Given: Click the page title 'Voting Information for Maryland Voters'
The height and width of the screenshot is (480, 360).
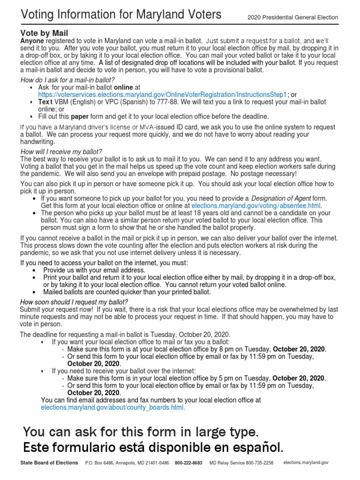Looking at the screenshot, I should (121, 15).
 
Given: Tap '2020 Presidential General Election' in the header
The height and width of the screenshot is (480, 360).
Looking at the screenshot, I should (292, 18).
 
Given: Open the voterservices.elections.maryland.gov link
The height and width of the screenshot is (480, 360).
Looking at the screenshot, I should (162, 94).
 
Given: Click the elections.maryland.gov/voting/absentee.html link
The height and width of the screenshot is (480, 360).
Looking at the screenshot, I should (257, 205).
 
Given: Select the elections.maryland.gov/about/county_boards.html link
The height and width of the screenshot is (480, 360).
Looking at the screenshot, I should (113, 408).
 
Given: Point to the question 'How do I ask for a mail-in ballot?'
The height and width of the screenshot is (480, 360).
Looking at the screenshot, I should (67, 80).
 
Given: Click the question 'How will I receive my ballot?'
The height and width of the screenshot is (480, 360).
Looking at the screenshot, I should (61, 151).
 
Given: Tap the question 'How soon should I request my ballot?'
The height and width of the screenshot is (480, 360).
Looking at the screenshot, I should (74, 301).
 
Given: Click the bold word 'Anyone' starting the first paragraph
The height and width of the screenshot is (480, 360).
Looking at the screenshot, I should (31, 41).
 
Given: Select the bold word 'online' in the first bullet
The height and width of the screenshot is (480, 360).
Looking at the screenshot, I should (123, 87).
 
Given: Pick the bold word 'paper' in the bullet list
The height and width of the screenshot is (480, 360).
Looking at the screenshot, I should (79, 116).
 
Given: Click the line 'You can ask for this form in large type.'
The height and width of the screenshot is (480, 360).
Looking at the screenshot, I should (140, 431).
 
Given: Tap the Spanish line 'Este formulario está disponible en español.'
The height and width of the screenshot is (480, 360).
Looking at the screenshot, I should (153, 447).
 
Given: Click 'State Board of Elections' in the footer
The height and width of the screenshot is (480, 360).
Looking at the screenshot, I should (49, 463).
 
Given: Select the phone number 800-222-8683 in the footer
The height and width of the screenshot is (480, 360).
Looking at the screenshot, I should (188, 463).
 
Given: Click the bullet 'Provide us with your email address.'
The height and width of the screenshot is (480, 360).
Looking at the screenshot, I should (94, 270).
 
